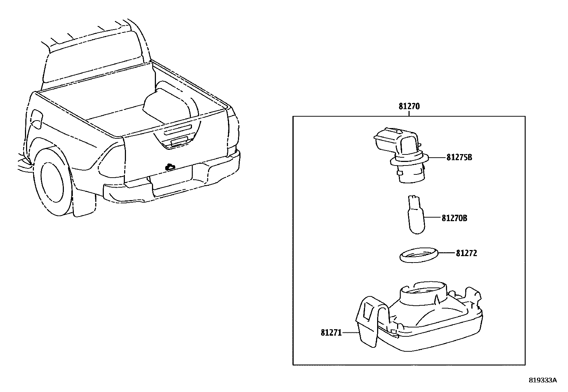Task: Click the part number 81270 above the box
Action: pos(409,106)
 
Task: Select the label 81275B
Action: pos(459,157)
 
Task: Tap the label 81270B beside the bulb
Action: pos(454,218)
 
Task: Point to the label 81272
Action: pos(466,253)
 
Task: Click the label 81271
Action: pos(331,333)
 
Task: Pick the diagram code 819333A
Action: pos(542,380)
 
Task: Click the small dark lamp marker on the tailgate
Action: pos(170,167)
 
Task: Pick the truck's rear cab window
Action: pos(93,61)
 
